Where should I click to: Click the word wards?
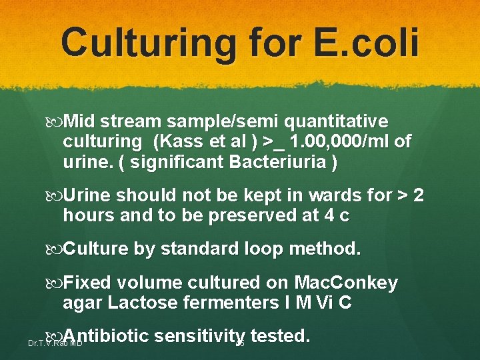320,196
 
